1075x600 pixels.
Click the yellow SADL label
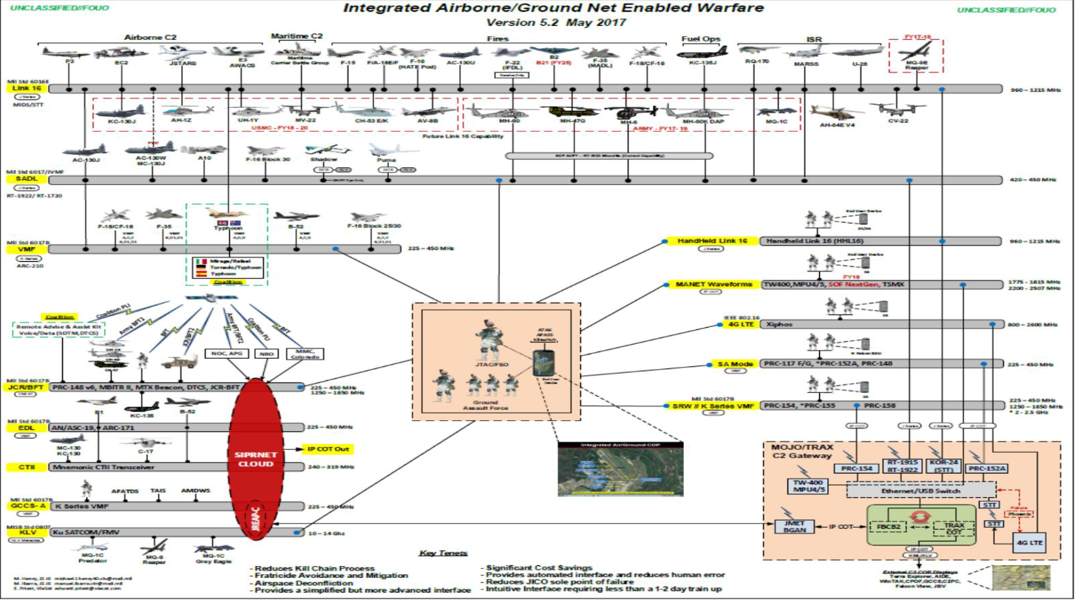tap(18, 179)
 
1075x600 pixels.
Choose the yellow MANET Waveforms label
tap(710, 285)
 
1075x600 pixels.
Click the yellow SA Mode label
tap(725, 364)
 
